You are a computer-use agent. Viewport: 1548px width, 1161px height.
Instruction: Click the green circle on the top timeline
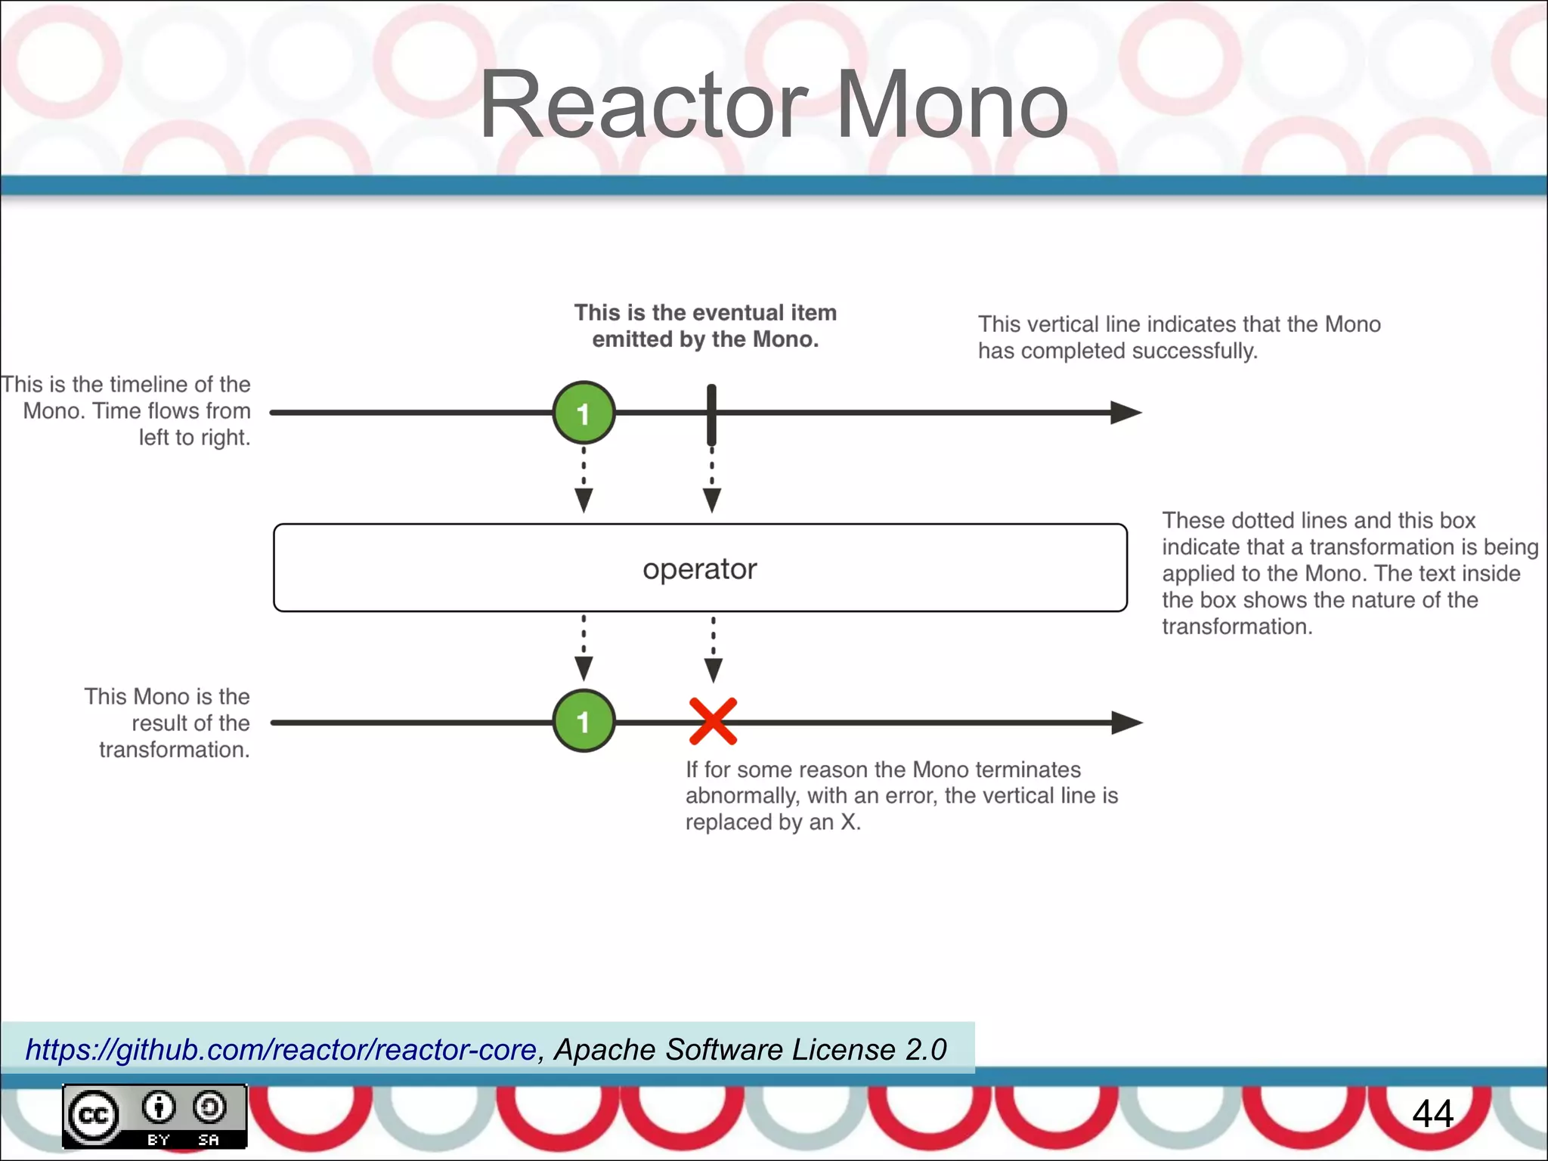[x=584, y=413]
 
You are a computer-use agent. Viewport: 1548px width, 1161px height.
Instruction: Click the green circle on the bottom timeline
[x=584, y=721]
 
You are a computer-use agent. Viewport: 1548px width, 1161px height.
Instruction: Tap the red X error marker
[x=713, y=721]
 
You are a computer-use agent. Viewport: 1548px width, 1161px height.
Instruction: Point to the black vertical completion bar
[x=711, y=414]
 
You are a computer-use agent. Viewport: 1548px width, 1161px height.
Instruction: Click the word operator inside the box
[x=699, y=569]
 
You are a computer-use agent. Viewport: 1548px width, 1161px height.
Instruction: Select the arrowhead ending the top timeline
[x=1125, y=413]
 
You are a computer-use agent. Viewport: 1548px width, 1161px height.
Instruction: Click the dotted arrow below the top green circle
[x=584, y=481]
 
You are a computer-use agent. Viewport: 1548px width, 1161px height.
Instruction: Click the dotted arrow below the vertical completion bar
[x=712, y=481]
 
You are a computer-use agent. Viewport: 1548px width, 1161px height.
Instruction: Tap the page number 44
[x=1432, y=1113]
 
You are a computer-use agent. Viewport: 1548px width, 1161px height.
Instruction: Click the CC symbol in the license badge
[x=94, y=1115]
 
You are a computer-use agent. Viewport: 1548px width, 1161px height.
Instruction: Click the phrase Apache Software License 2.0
[x=750, y=1049]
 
